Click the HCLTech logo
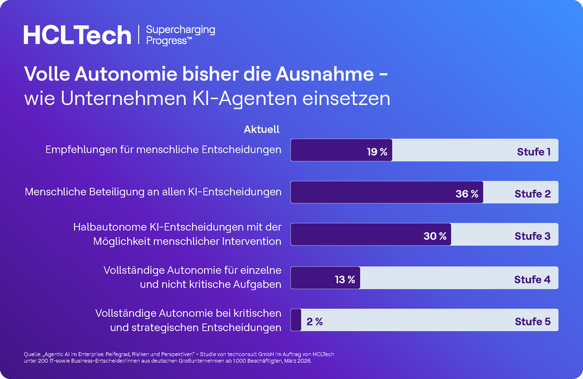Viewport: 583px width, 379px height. (x=77, y=35)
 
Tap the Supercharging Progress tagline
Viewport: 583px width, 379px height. (x=181, y=35)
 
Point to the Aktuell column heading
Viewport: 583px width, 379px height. (x=262, y=129)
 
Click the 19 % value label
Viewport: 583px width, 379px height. (x=377, y=152)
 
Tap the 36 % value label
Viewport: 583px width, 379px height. (x=467, y=194)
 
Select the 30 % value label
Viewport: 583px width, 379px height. (x=435, y=236)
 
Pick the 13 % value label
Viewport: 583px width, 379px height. (x=345, y=279)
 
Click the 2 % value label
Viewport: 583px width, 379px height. (x=315, y=321)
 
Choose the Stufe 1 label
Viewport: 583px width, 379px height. (x=534, y=152)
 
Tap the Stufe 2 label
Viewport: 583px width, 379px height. (x=532, y=194)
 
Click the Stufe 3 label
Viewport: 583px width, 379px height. (x=532, y=236)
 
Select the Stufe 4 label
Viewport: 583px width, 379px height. (x=532, y=279)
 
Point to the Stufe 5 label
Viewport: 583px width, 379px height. (x=532, y=321)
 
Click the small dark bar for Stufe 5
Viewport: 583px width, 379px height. (x=296, y=320)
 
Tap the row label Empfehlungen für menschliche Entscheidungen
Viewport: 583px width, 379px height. (x=163, y=150)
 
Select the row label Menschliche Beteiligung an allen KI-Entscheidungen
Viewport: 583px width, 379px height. (x=153, y=192)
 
